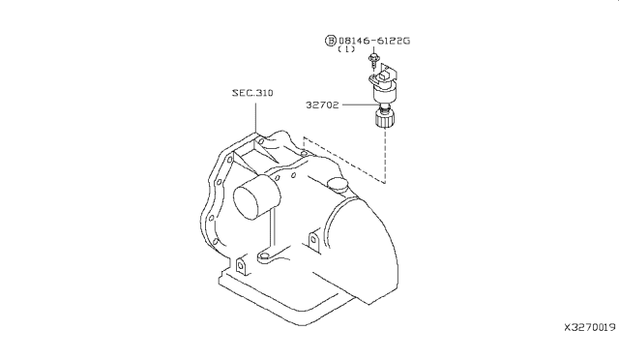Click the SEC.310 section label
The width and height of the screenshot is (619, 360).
pyautogui.click(x=252, y=93)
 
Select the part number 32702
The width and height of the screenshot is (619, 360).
pyautogui.click(x=322, y=105)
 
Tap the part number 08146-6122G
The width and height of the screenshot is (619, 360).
pyautogui.click(x=374, y=41)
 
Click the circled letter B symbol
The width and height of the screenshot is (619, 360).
pyautogui.click(x=331, y=41)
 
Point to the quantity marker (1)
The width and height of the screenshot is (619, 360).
pyautogui.click(x=346, y=49)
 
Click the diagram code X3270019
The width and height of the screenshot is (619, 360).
pyautogui.click(x=589, y=328)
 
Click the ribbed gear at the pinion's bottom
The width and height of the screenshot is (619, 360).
pyautogui.click(x=385, y=119)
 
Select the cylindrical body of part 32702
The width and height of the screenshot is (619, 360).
pyautogui.click(x=384, y=93)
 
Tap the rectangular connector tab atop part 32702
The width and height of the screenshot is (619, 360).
pyautogui.click(x=384, y=75)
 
